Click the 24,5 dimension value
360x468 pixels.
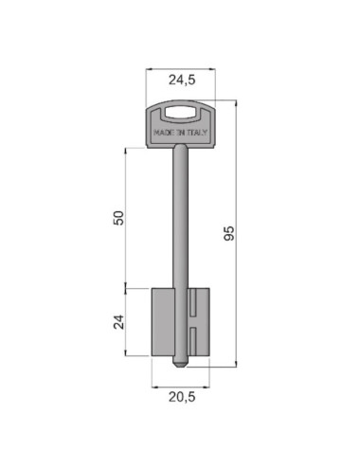pos(182,80)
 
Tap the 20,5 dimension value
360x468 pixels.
pos(182,397)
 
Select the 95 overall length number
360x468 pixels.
pos(229,233)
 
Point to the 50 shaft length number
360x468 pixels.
pos(118,218)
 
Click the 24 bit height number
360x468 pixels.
pos(118,322)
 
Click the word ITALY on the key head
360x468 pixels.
pos(196,133)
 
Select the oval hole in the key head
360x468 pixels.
pos(180,113)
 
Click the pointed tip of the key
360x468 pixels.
pos(181,367)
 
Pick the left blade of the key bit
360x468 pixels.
pos(163,322)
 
